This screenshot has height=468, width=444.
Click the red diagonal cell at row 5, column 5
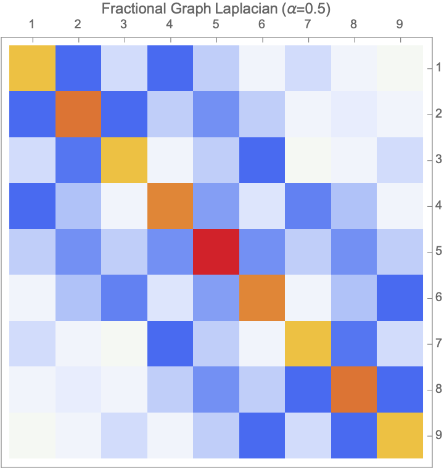[x=216, y=251]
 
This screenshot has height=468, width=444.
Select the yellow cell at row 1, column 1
[x=32, y=68]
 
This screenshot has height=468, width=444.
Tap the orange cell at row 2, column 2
[x=78, y=114]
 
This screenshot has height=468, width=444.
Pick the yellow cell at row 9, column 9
[x=400, y=435]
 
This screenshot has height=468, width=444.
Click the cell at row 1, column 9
[x=400, y=68]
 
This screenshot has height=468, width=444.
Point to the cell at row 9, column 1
[x=32, y=435]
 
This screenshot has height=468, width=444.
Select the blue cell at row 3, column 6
[x=262, y=159]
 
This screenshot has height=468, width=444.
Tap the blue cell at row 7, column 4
[x=170, y=343]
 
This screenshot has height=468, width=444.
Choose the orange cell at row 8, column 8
[x=354, y=389]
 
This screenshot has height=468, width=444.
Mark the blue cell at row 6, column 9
[x=400, y=297]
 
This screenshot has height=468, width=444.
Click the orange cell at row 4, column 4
[x=170, y=206]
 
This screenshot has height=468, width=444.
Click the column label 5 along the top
[x=216, y=25]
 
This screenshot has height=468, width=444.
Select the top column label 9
[x=400, y=25]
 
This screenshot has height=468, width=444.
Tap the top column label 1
[x=32, y=25]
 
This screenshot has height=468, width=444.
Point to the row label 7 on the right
[x=437, y=343]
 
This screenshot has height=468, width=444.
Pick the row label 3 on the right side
[x=437, y=159]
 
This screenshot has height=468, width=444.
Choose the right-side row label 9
[x=437, y=435]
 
